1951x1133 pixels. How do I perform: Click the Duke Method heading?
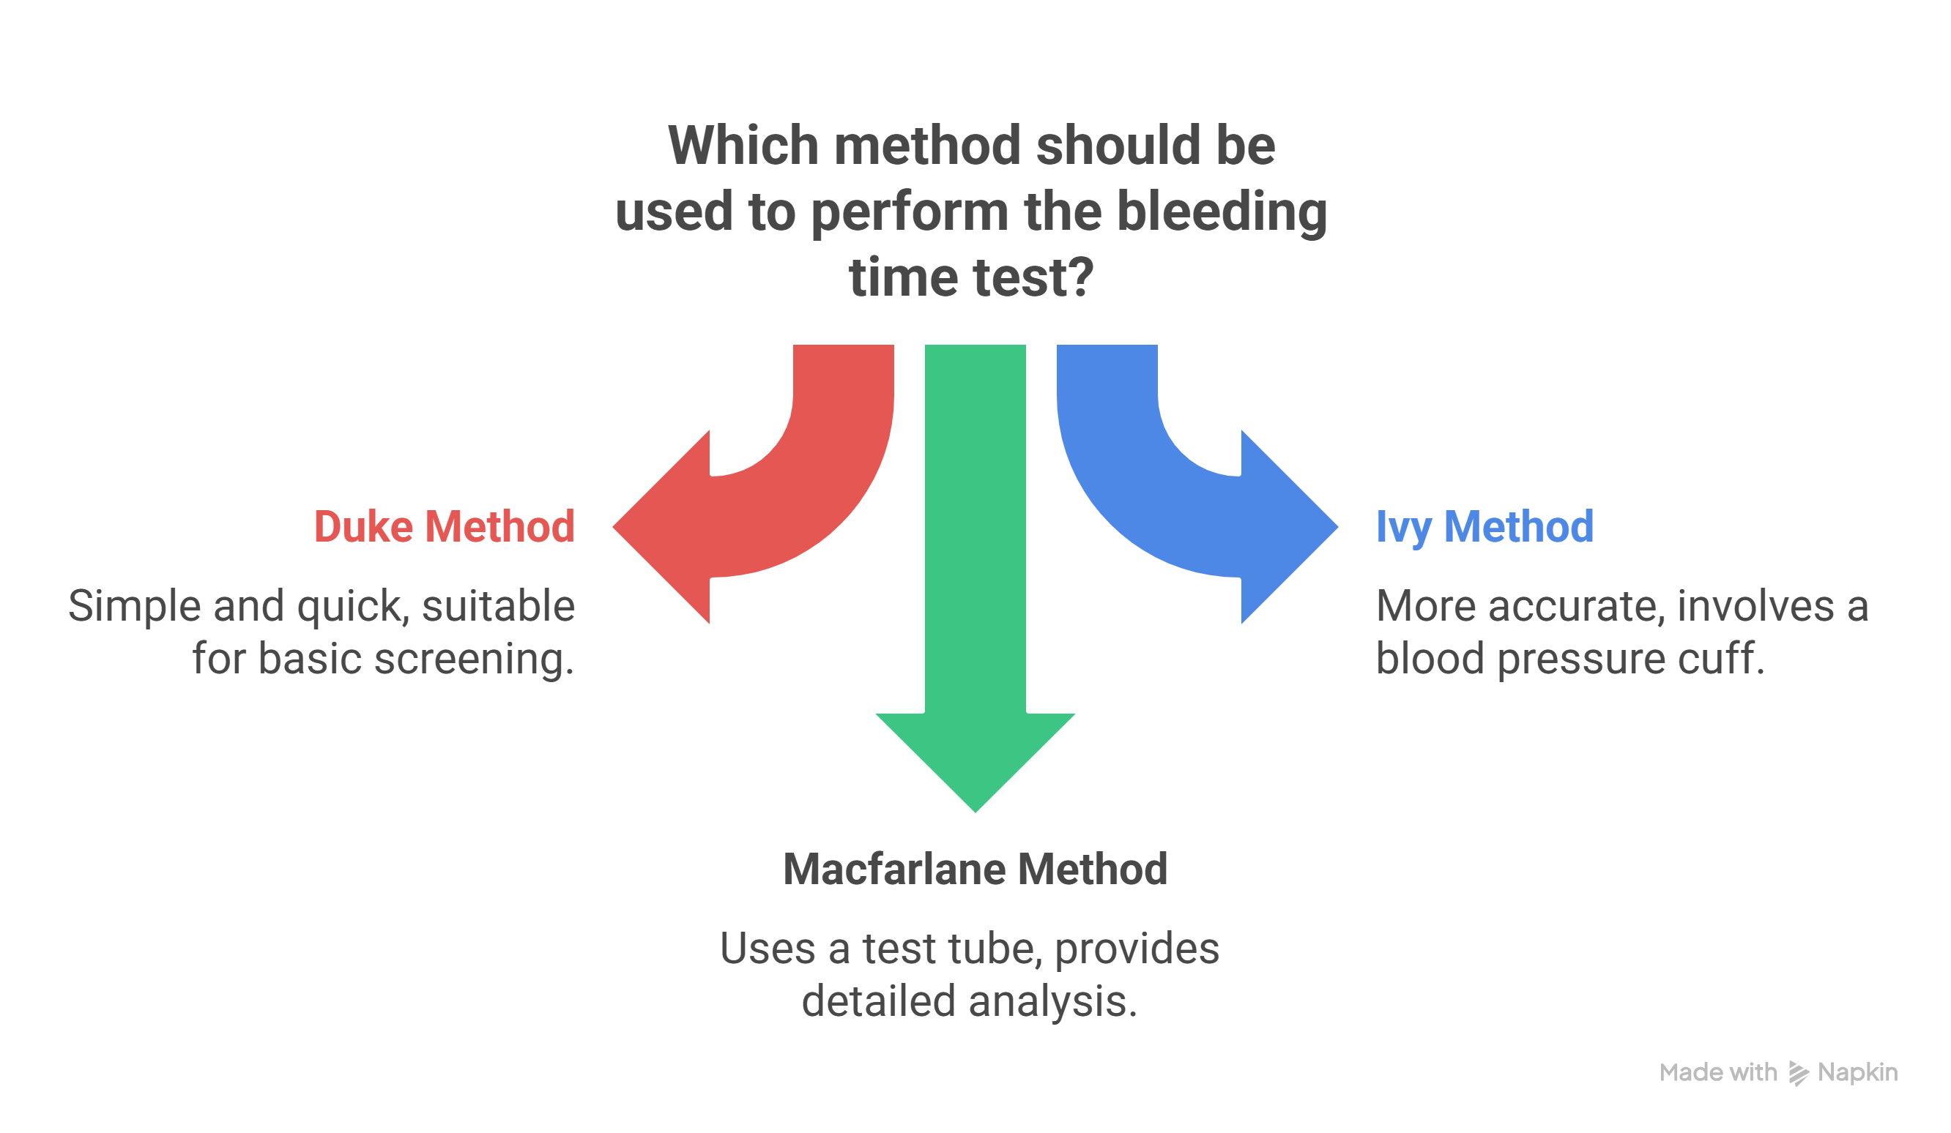click(445, 527)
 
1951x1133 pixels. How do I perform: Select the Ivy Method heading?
click(1484, 527)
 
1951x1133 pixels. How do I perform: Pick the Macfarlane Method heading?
click(975, 869)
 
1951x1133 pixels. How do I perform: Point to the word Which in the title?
click(743, 146)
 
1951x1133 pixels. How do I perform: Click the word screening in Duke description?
click(474, 659)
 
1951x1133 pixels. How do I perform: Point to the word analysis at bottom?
click(1053, 1001)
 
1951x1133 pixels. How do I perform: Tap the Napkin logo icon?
click(1798, 1074)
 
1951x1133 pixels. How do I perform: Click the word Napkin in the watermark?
click(1857, 1073)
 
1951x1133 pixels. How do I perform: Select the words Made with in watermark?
click(1718, 1073)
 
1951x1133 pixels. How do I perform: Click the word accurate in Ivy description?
click(1576, 606)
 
